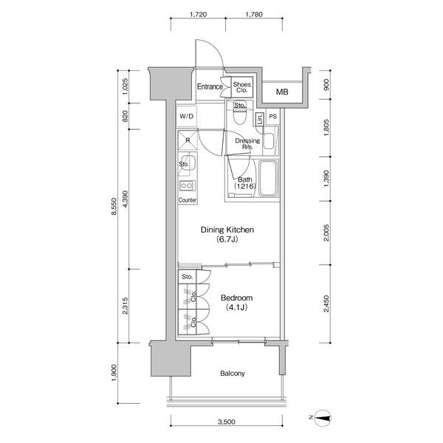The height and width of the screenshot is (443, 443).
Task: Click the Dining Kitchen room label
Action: click(227, 230)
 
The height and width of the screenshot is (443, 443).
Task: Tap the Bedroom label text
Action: click(236, 298)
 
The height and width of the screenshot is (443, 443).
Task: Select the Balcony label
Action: click(233, 374)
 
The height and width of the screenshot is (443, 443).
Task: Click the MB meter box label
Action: click(282, 92)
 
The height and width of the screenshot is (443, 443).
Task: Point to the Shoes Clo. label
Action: click(242, 87)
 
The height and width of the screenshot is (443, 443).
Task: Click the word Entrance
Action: click(210, 86)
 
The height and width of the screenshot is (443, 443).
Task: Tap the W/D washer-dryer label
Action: click(187, 116)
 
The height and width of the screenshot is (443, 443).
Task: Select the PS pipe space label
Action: click(272, 117)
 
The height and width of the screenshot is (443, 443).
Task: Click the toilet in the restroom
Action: click(239, 116)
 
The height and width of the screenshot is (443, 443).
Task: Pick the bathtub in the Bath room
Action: click(268, 178)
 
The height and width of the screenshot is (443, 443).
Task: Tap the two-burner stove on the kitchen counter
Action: click(187, 185)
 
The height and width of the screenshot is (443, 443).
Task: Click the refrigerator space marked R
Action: click(188, 140)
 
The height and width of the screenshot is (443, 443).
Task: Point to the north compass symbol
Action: click(322, 418)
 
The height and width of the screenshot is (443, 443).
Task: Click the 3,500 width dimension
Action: click(227, 422)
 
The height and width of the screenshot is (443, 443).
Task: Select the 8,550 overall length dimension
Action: click(114, 207)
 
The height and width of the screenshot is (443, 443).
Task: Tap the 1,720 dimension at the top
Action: click(198, 14)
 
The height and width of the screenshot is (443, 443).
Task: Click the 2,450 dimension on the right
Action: click(326, 304)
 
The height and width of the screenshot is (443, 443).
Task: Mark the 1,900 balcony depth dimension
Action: click(114, 373)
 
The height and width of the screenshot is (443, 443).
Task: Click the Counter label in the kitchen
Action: click(188, 200)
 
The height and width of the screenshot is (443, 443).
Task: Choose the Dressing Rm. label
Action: click(247, 143)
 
